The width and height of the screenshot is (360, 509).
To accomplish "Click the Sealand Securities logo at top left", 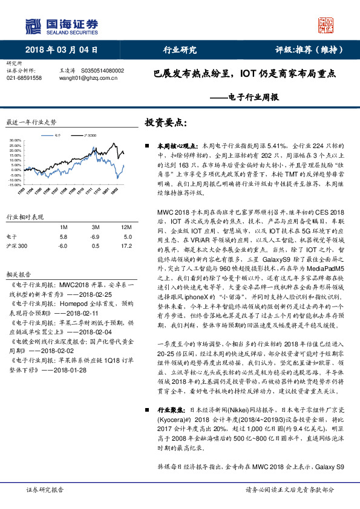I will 61,25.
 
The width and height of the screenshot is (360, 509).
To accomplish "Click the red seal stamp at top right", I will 327,25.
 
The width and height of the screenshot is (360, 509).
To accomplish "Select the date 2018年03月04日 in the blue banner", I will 61,50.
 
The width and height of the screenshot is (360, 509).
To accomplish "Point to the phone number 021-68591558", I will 24,78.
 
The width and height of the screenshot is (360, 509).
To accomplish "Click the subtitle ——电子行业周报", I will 244,97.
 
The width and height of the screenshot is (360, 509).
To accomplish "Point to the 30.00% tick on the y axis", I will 16,141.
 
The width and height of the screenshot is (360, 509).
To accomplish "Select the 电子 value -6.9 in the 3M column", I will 94,237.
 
